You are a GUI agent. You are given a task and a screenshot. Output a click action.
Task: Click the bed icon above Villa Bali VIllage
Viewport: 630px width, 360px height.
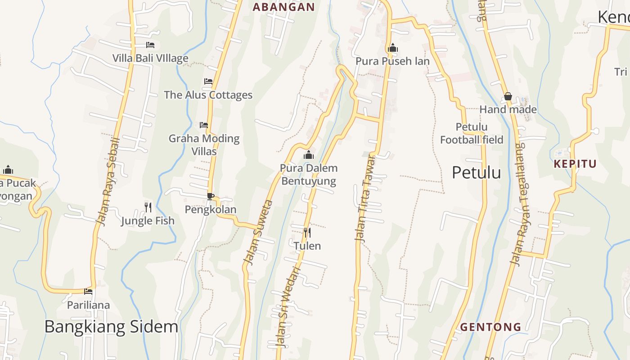coord(150,45)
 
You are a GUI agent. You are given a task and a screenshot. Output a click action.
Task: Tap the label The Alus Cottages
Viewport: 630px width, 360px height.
coord(208,95)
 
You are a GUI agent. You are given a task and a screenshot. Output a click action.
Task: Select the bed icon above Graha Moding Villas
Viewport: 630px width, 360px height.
coord(204,125)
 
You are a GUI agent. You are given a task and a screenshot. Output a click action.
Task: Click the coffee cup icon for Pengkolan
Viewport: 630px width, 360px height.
coord(210,196)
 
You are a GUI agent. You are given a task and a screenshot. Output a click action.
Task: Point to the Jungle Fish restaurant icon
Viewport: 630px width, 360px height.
coord(148,207)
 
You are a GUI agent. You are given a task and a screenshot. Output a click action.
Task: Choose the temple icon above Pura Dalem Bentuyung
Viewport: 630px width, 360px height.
coord(308,155)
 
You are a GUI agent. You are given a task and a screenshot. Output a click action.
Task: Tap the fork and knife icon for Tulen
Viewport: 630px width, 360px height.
coord(307,233)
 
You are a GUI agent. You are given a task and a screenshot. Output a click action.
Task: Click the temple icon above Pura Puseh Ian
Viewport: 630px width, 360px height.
coord(392,48)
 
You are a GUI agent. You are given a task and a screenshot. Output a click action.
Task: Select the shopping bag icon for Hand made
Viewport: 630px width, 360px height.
coord(508,96)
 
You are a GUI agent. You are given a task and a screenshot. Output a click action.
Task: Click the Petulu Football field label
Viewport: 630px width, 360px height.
coord(471,133)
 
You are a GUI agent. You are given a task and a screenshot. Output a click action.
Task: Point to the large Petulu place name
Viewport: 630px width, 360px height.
coord(476,172)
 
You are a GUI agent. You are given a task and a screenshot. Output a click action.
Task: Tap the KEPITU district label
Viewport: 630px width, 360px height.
coord(575,164)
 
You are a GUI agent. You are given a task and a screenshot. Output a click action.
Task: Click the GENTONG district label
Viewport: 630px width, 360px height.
coord(490,327)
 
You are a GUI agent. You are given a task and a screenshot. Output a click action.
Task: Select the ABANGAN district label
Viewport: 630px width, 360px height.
coord(283,7)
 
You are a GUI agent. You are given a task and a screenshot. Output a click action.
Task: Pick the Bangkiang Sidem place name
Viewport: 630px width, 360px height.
coord(111,327)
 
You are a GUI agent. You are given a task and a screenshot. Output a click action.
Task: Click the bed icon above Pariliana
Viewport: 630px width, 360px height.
coord(88,292)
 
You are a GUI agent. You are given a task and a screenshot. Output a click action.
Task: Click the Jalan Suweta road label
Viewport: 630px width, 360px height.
coord(258,232)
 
